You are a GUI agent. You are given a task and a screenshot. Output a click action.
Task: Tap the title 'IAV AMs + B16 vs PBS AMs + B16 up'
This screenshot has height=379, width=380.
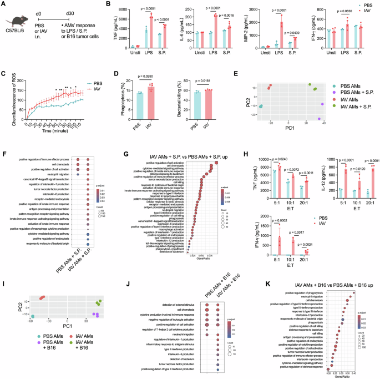(316, 268)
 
